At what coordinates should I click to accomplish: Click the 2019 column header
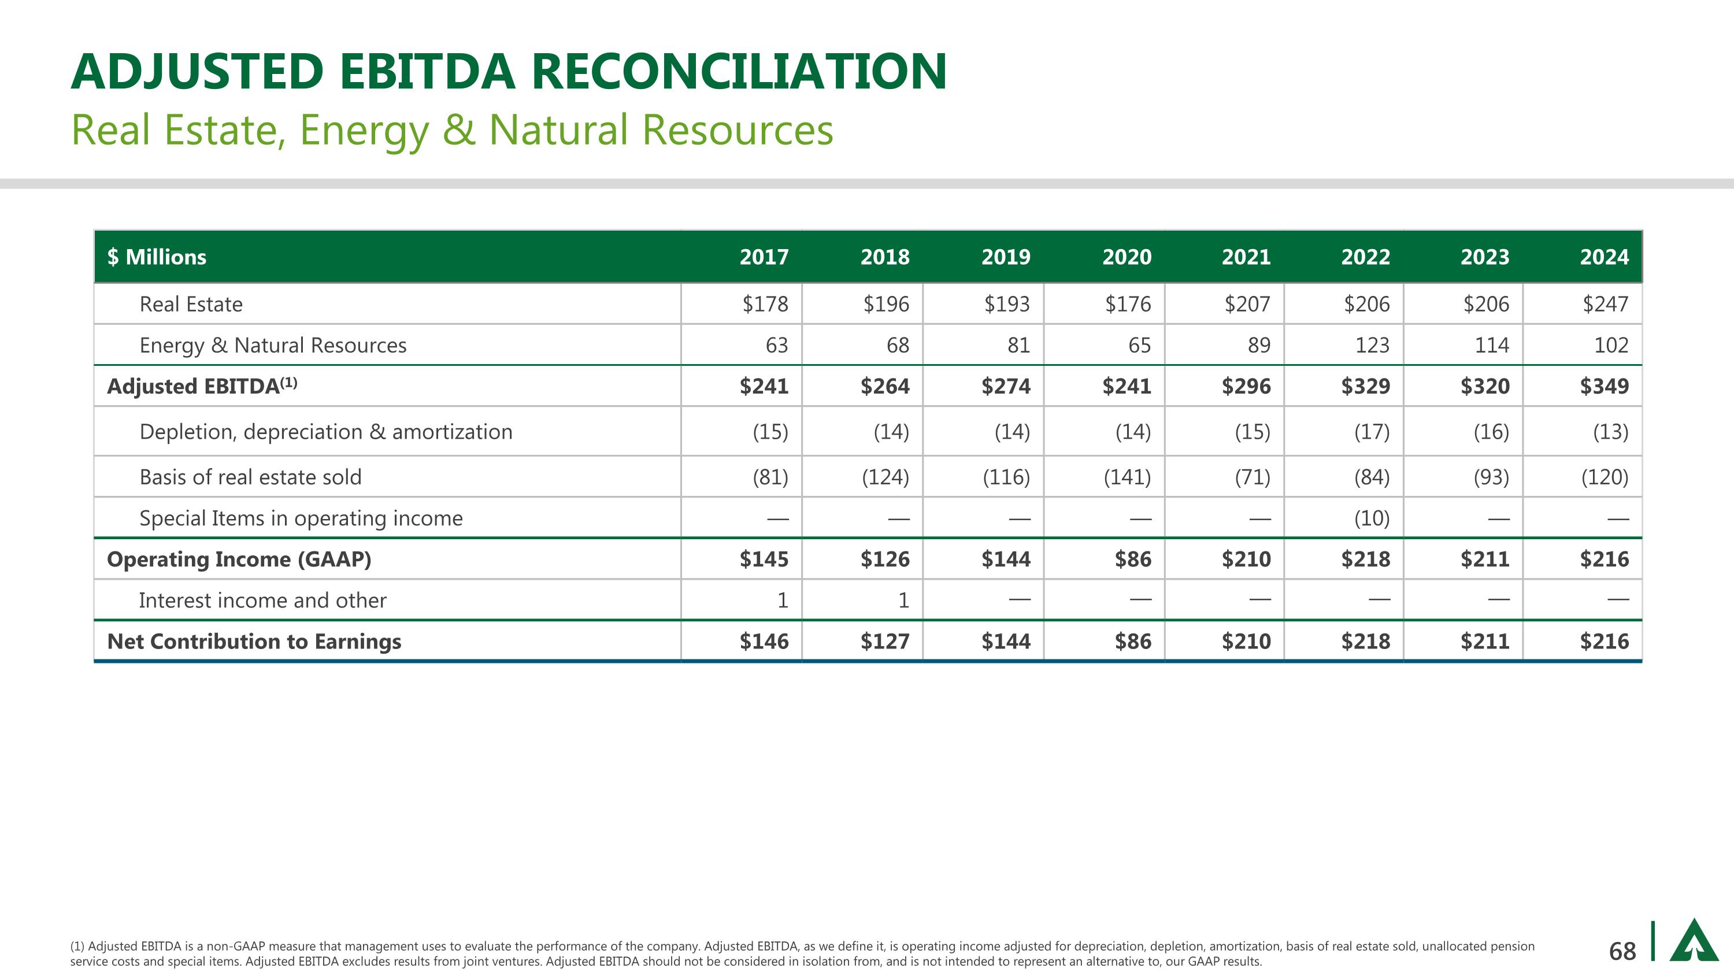[x=1005, y=257]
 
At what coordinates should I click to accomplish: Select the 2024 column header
[x=1604, y=257]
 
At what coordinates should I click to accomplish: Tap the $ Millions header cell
[x=157, y=257]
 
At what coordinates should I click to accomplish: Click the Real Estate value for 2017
[x=765, y=304]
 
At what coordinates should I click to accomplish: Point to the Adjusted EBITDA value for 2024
[x=1604, y=386]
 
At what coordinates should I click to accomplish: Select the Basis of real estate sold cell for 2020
[x=1127, y=477]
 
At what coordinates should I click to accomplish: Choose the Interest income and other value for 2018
[x=903, y=600]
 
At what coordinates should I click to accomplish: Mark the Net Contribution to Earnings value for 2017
[x=764, y=642]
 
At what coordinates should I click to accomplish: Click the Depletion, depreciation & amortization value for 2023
[x=1491, y=431]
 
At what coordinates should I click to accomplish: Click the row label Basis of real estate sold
[x=250, y=477]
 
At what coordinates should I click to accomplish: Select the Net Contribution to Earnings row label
[x=254, y=642]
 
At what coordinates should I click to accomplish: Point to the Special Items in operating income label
[x=301, y=518]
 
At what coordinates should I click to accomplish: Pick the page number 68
[x=1622, y=951]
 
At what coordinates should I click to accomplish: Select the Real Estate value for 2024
[x=1605, y=304]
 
